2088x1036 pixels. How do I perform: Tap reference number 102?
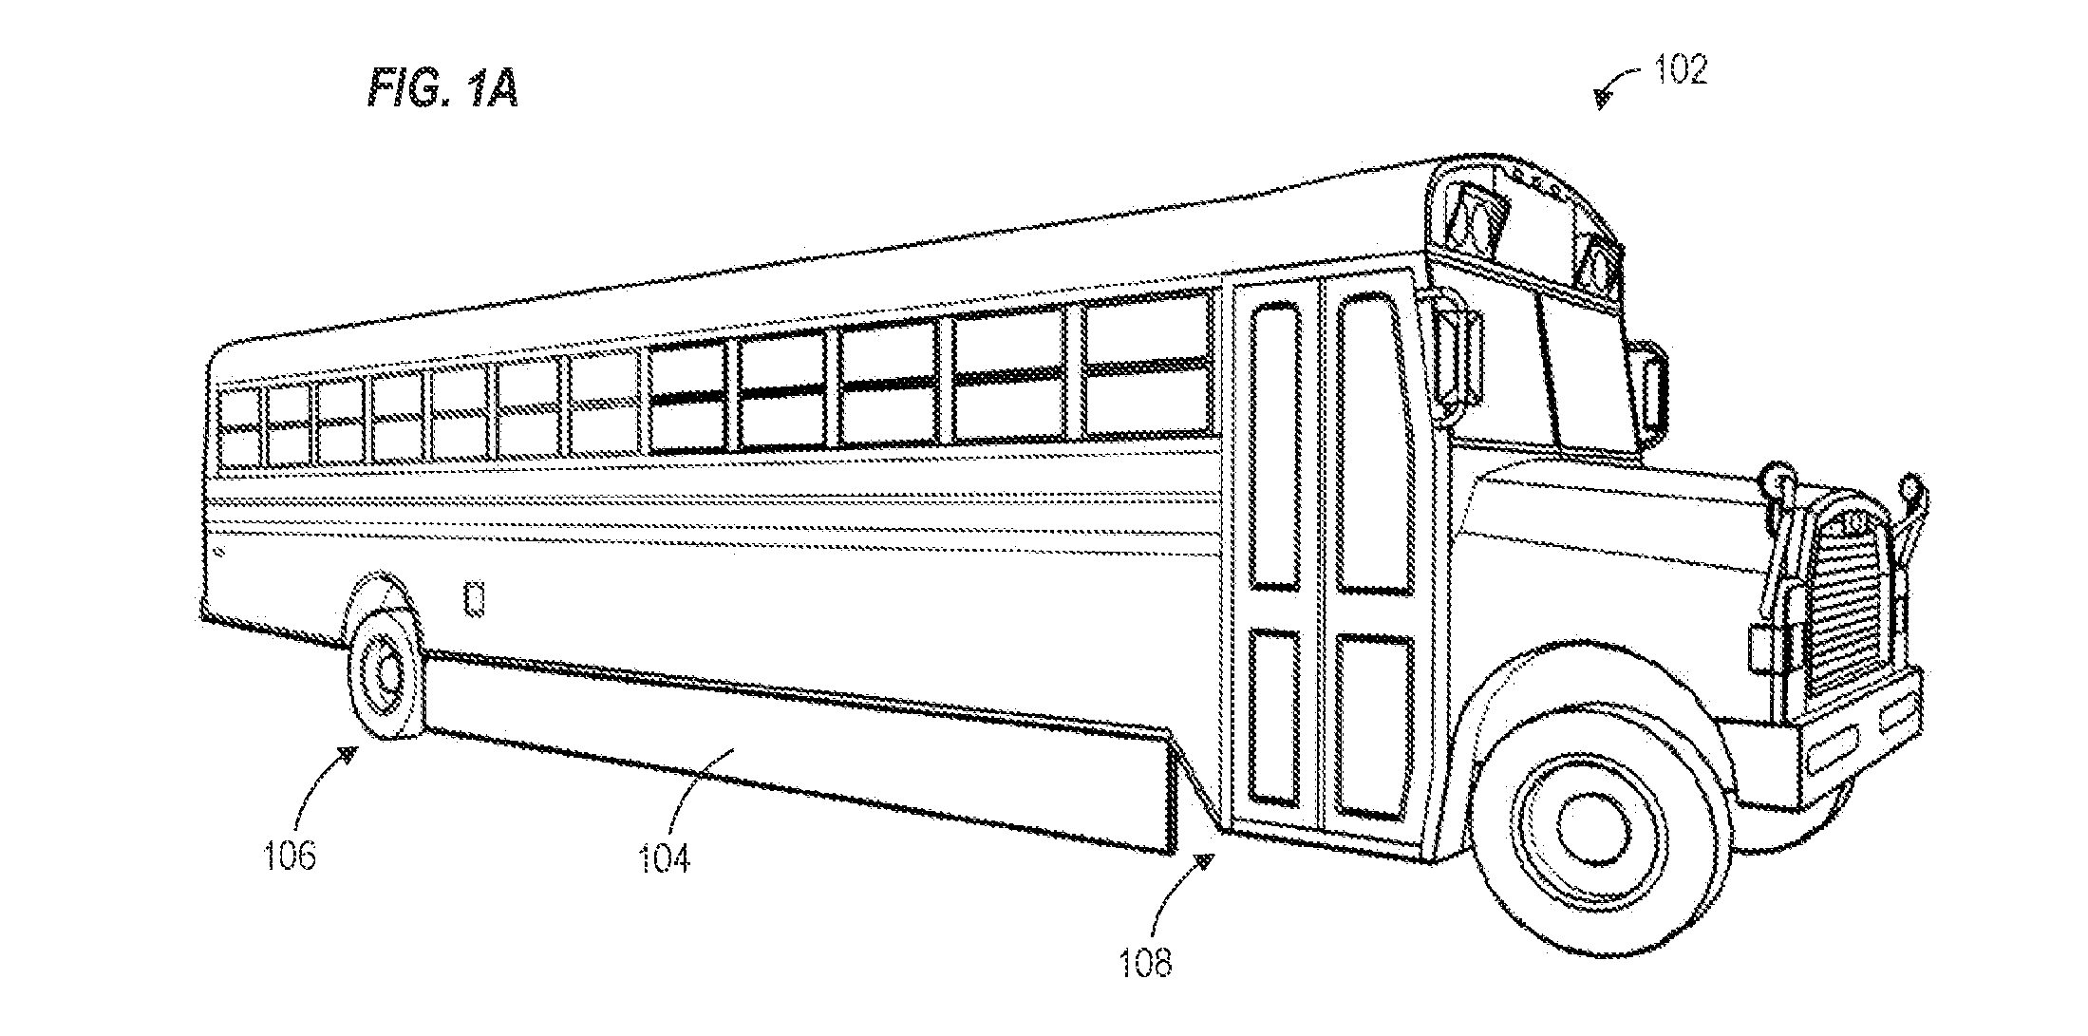click(x=1681, y=69)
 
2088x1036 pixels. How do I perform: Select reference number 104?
click(x=664, y=857)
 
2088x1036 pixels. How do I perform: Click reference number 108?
click(x=1146, y=963)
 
